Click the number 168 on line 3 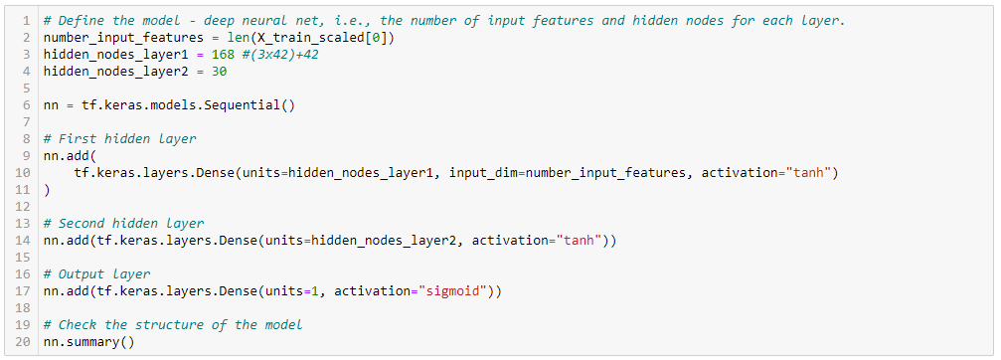click(x=224, y=54)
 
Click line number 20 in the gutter click(x=27, y=341)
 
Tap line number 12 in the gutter click(x=27, y=206)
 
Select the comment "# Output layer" click(x=97, y=273)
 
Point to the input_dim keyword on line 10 click(x=483, y=172)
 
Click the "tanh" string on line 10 click(x=808, y=172)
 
